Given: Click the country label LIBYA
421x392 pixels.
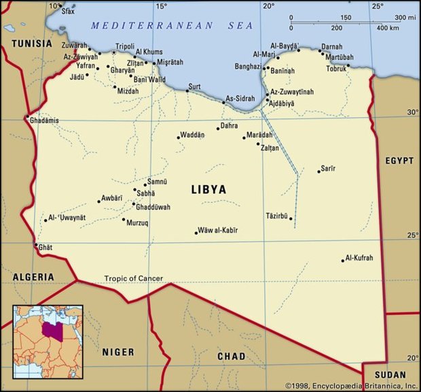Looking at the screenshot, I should pos(208,189).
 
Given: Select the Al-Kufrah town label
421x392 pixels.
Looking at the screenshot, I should pos(359,258).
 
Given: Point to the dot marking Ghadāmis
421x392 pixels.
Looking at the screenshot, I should pos(27,119).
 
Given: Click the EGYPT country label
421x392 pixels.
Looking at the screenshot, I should pos(399,161).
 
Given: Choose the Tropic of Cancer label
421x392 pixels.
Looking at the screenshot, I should pos(134,278).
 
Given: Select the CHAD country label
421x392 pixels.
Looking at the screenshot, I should pos(231,356).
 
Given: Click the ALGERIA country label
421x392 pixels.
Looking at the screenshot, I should pos(33,277).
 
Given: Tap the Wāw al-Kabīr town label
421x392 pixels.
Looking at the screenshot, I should pos(217,231).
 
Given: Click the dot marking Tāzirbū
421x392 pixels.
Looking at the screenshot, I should pos(291,218).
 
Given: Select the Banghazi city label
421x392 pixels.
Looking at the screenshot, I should pos(248,67).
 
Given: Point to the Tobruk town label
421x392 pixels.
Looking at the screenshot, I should pos(335,69).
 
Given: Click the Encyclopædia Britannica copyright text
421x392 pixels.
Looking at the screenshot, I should pos(350,385).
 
